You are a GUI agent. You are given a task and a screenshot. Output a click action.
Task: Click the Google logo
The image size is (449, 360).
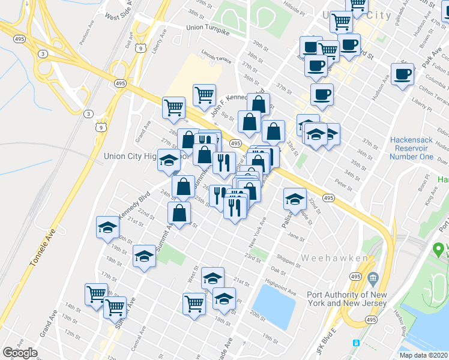coord(20,353)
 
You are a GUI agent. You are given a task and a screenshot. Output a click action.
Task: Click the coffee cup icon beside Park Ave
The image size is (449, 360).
coord(402,75)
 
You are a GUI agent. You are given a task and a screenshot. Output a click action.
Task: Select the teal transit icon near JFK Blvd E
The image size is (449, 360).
coord(356,343)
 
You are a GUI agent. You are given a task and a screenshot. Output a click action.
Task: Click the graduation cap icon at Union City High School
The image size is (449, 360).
coord(169,160)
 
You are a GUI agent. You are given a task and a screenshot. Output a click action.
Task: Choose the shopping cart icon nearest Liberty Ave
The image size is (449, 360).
coord(173,108)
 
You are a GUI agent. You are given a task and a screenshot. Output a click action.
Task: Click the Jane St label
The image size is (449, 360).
coord(297,238)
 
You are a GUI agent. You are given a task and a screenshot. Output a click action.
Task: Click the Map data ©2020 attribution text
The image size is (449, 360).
coord(424,355)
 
